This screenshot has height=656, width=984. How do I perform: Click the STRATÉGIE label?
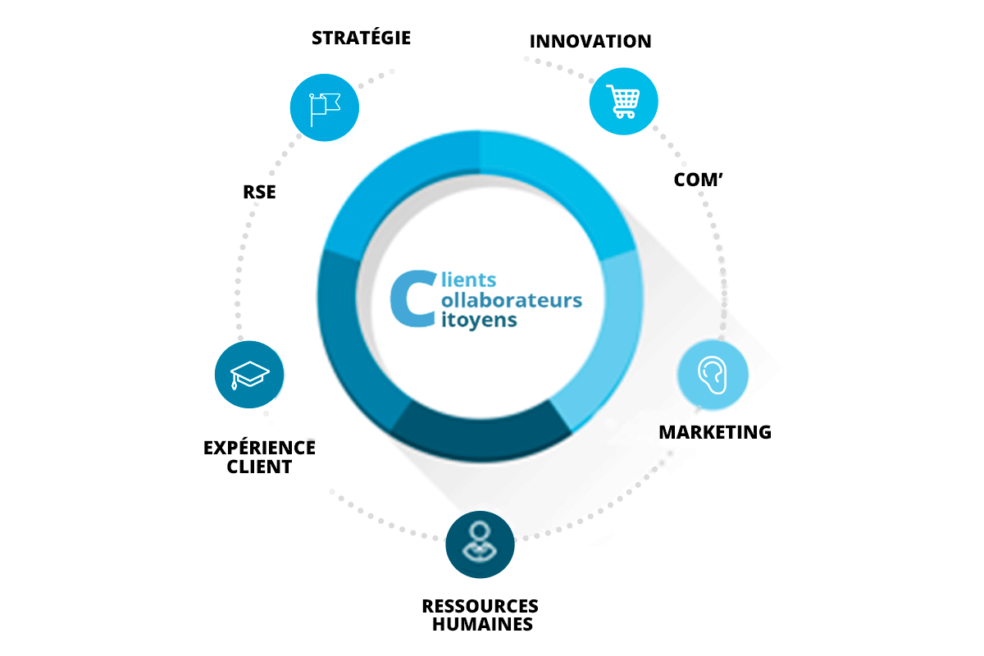click(x=361, y=38)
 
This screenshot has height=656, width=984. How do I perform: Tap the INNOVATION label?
click(x=590, y=41)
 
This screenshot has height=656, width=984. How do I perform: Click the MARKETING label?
click(x=715, y=432)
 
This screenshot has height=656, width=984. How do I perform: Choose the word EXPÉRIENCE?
click(x=259, y=448)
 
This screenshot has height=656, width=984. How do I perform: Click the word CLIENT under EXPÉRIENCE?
click(x=259, y=467)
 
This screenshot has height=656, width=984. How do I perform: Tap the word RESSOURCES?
click(x=480, y=606)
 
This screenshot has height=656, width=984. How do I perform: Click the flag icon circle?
click(x=326, y=107)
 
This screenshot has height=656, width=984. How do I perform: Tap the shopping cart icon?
click(x=624, y=101)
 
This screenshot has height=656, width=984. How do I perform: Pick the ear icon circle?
click(x=713, y=375)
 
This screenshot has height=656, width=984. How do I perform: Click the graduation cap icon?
click(x=249, y=375)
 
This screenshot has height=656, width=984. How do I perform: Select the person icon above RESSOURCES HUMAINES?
click(x=480, y=544)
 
